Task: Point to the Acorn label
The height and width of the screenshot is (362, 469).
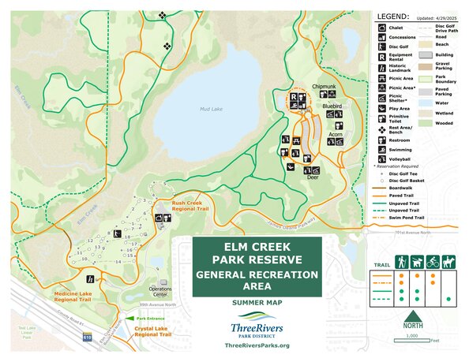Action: point(335,134)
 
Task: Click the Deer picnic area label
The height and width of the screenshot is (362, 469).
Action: point(312,178)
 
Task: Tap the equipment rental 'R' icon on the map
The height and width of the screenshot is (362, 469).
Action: point(293,98)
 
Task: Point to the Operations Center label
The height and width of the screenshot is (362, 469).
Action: point(161,291)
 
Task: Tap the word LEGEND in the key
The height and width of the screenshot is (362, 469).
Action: point(392,16)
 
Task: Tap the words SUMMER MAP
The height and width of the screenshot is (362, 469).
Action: point(257,303)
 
